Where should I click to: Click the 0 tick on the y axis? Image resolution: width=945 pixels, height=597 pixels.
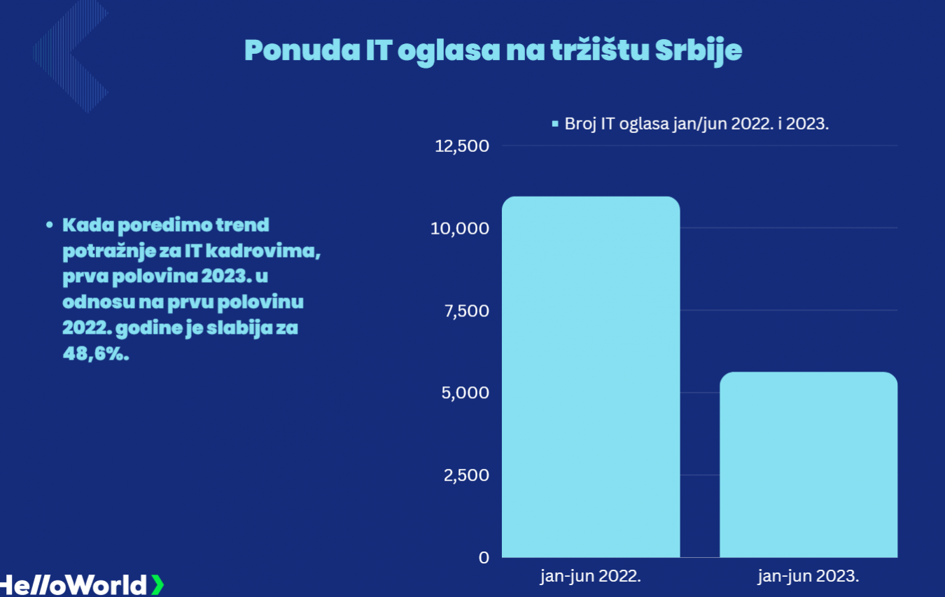point(484,558)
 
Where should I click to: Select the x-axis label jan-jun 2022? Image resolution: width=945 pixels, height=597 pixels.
point(591,577)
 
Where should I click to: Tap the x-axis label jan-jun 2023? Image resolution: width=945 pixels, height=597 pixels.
point(808,577)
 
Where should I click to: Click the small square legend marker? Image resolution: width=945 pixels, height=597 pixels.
point(555,124)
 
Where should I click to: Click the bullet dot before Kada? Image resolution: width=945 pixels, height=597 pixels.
point(50,225)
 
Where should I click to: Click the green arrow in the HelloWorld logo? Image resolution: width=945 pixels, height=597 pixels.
point(157,584)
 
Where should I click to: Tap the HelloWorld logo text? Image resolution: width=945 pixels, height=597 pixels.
point(73,585)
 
